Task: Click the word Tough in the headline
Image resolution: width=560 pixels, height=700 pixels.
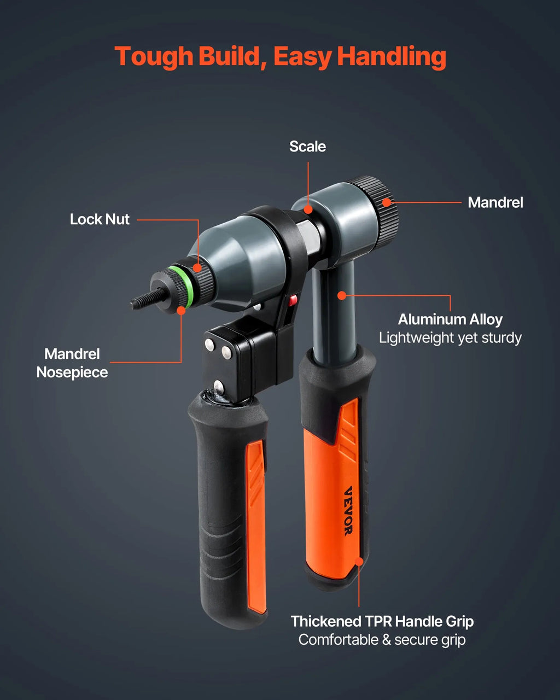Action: pyautogui.click(x=154, y=56)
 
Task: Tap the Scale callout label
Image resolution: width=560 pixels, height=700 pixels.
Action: pyautogui.click(x=307, y=147)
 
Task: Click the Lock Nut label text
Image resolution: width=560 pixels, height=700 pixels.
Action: pyautogui.click(x=100, y=219)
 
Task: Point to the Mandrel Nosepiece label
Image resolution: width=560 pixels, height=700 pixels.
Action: pyautogui.click(x=72, y=363)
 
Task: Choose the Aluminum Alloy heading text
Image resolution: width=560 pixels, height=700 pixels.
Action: pyautogui.click(x=450, y=319)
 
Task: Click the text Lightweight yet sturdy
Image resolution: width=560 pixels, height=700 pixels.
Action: pyautogui.click(x=450, y=337)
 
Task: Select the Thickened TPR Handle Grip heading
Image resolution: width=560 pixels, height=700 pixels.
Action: pyautogui.click(x=382, y=621)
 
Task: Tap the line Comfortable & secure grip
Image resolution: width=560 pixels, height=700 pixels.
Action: pyautogui.click(x=382, y=640)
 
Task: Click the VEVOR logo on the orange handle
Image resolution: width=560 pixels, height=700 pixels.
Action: pyautogui.click(x=348, y=511)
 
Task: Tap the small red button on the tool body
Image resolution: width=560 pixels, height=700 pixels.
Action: pyautogui.click(x=293, y=300)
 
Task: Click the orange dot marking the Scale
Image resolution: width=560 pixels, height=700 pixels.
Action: pyautogui.click(x=307, y=209)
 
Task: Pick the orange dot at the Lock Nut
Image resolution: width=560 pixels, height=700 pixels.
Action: pyautogui.click(x=197, y=268)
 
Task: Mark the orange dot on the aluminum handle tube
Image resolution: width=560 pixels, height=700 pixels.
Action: pyautogui.click(x=341, y=295)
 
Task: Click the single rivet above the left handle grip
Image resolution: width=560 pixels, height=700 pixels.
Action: pyautogui.click(x=218, y=387)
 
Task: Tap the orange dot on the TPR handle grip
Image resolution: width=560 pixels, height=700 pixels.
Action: pyautogui.click(x=359, y=562)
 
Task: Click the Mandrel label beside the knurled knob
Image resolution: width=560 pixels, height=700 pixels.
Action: pyautogui.click(x=495, y=202)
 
